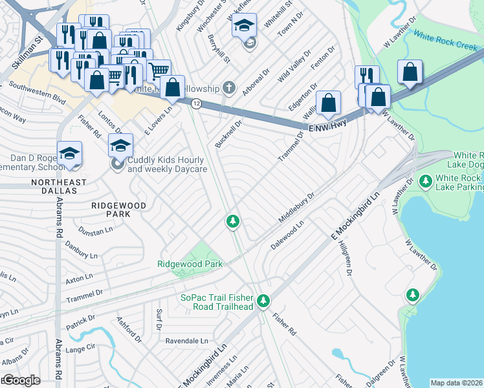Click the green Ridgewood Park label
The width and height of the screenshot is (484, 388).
190,264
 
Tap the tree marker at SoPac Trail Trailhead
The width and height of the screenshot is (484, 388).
263,301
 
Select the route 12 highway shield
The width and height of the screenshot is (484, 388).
196,103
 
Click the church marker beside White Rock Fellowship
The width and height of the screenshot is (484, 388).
228,87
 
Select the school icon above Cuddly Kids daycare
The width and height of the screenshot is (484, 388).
120,146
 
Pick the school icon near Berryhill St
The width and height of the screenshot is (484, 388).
244,27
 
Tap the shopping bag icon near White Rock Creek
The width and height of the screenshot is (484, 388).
410,72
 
